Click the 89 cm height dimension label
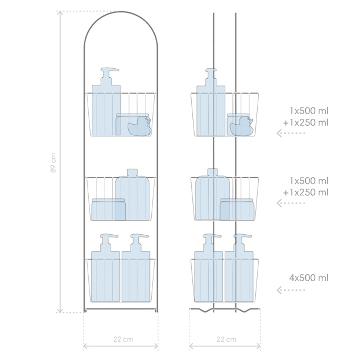click(x=53, y=162)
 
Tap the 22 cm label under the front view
click(x=123, y=339)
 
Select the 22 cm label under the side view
click(x=226, y=339)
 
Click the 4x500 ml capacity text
click(x=309, y=278)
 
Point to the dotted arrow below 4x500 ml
click(x=291, y=290)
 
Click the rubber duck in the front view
click(x=139, y=125)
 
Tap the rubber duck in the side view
click(x=242, y=125)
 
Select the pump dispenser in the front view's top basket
click(x=106, y=102)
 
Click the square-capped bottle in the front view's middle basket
click(x=132, y=195)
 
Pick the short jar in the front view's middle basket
click(x=108, y=209)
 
